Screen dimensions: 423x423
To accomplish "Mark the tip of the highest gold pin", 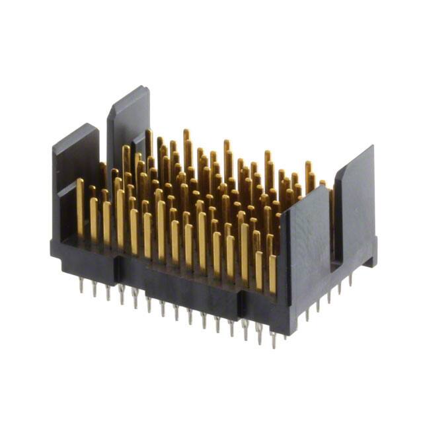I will [186, 132].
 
